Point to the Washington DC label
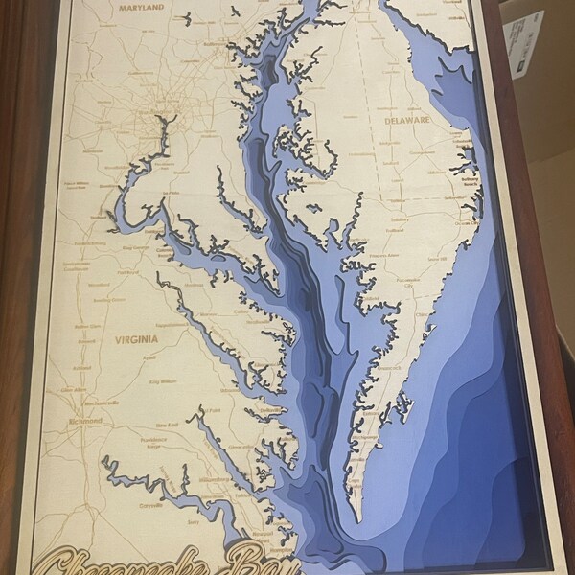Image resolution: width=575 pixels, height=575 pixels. tap(156, 122)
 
